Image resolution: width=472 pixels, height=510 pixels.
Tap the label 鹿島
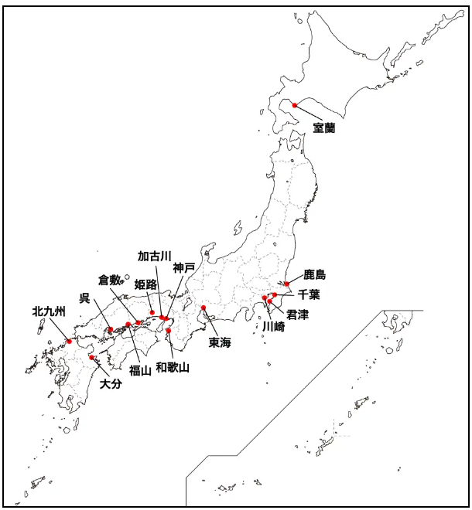(314, 274)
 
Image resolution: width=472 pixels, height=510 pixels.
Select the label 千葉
(309, 294)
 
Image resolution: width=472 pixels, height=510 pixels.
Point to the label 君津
(297, 314)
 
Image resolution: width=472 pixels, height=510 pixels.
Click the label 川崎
(273, 327)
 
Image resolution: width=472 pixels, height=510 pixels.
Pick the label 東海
(221, 342)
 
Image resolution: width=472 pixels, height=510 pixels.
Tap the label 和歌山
(173, 367)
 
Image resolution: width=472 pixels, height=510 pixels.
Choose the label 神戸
(184, 268)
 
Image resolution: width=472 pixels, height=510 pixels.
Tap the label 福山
(140, 370)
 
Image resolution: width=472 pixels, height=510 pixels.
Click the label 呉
(85, 297)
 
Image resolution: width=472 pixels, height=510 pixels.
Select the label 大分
(111, 384)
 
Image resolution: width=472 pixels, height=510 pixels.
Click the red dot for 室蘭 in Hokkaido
(294, 105)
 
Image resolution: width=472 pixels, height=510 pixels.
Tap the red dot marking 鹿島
(287, 284)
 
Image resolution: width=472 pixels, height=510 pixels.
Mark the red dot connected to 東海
(204, 308)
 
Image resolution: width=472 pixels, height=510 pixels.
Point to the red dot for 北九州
(70, 341)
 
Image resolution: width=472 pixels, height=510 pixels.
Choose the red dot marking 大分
(92, 357)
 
